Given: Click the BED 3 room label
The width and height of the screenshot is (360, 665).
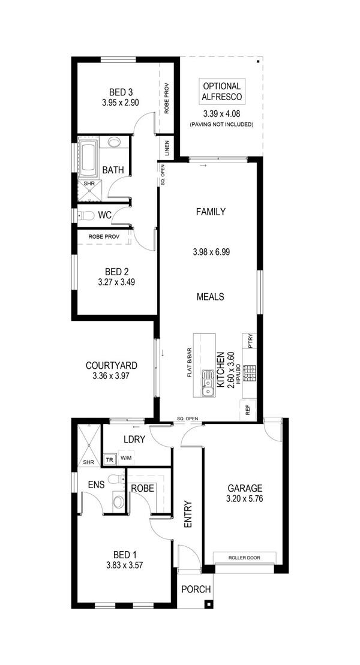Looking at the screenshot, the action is pyautogui.click(x=121, y=92).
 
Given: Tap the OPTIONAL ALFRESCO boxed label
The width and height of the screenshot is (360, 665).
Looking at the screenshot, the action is pyautogui.click(x=221, y=92).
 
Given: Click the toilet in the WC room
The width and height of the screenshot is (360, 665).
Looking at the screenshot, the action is pyautogui.click(x=86, y=215).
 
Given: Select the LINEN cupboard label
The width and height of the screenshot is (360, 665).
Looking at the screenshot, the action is pyautogui.click(x=167, y=148).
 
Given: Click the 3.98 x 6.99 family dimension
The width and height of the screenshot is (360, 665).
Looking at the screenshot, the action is pyautogui.click(x=211, y=252).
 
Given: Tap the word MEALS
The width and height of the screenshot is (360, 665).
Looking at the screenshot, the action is pyautogui.click(x=210, y=296).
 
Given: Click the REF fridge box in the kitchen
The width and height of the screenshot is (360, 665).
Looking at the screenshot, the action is pyautogui.click(x=248, y=410).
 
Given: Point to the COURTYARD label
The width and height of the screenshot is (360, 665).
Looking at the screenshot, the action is pyautogui.click(x=112, y=365).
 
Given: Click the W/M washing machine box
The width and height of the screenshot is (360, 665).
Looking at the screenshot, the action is pyautogui.click(x=125, y=458).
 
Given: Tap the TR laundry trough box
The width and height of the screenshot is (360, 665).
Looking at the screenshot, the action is pyautogui.click(x=109, y=459).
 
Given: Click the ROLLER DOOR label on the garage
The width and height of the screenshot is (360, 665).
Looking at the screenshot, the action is pyautogui.click(x=244, y=557).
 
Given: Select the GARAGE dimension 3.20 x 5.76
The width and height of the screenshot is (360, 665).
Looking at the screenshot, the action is pyautogui.click(x=245, y=499).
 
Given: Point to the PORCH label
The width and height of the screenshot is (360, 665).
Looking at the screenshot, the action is pyautogui.click(x=196, y=589).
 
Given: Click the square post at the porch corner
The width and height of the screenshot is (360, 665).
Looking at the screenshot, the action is pyautogui.click(x=208, y=604).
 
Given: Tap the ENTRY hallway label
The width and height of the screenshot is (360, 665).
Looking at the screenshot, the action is pyautogui.click(x=188, y=515).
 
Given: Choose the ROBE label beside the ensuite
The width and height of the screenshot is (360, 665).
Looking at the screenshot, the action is pyautogui.click(x=142, y=488).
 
